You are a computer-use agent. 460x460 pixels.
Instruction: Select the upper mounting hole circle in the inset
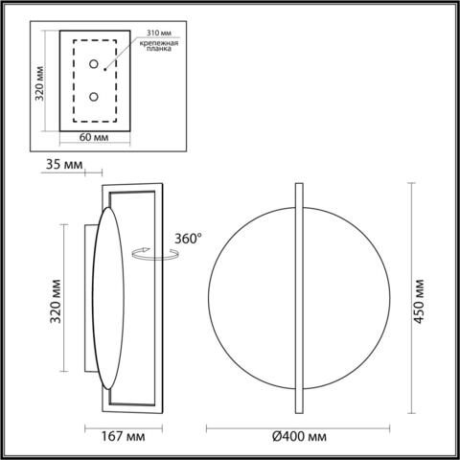tap(93, 64)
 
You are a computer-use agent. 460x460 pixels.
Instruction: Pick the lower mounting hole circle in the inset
tap(93, 97)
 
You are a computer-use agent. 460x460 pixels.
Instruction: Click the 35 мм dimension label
tap(60, 164)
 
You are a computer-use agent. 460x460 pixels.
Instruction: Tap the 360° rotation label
tap(187, 239)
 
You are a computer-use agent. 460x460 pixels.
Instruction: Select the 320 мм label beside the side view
tap(55, 299)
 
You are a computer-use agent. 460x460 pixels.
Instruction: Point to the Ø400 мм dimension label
tap(299, 437)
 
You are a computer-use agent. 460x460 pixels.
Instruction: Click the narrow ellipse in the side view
tap(106, 298)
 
